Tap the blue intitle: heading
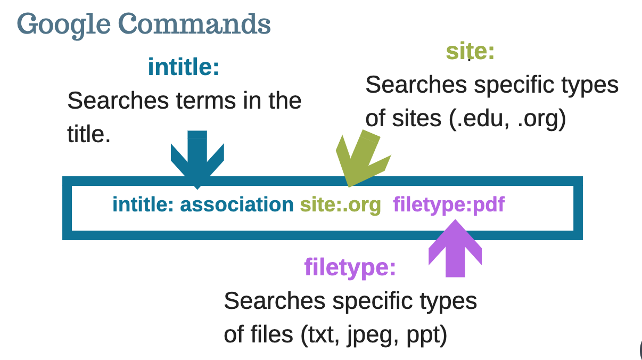[x=184, y=67]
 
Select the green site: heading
[x=470, y=52]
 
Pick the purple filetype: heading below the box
[x=350, y=267]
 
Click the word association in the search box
[x=237, y=204]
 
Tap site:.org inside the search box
[x=341, y=204]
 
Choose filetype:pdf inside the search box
[x=449, y=204]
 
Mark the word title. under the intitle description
[x=89, y=135]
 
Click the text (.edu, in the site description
[x=479, y=119]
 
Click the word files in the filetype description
[x=271, y=334]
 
